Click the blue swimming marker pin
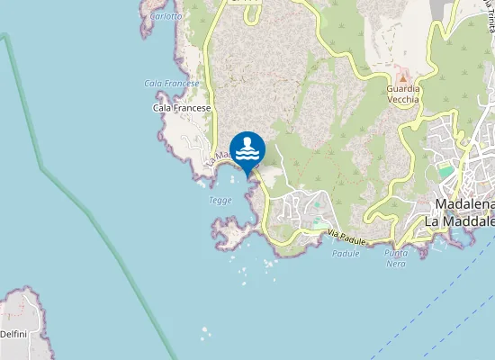tap(247, 149)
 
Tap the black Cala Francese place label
tap(182, 108)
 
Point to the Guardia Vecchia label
tap(403, 94)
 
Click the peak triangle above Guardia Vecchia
tap(403, 78)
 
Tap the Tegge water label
tap(220, 201)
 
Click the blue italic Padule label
tap(346, 254)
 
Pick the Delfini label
tap(13, 333)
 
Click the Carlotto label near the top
tap(166, 16)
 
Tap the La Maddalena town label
tap(459, 220)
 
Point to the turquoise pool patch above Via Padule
tap(318, 221)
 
